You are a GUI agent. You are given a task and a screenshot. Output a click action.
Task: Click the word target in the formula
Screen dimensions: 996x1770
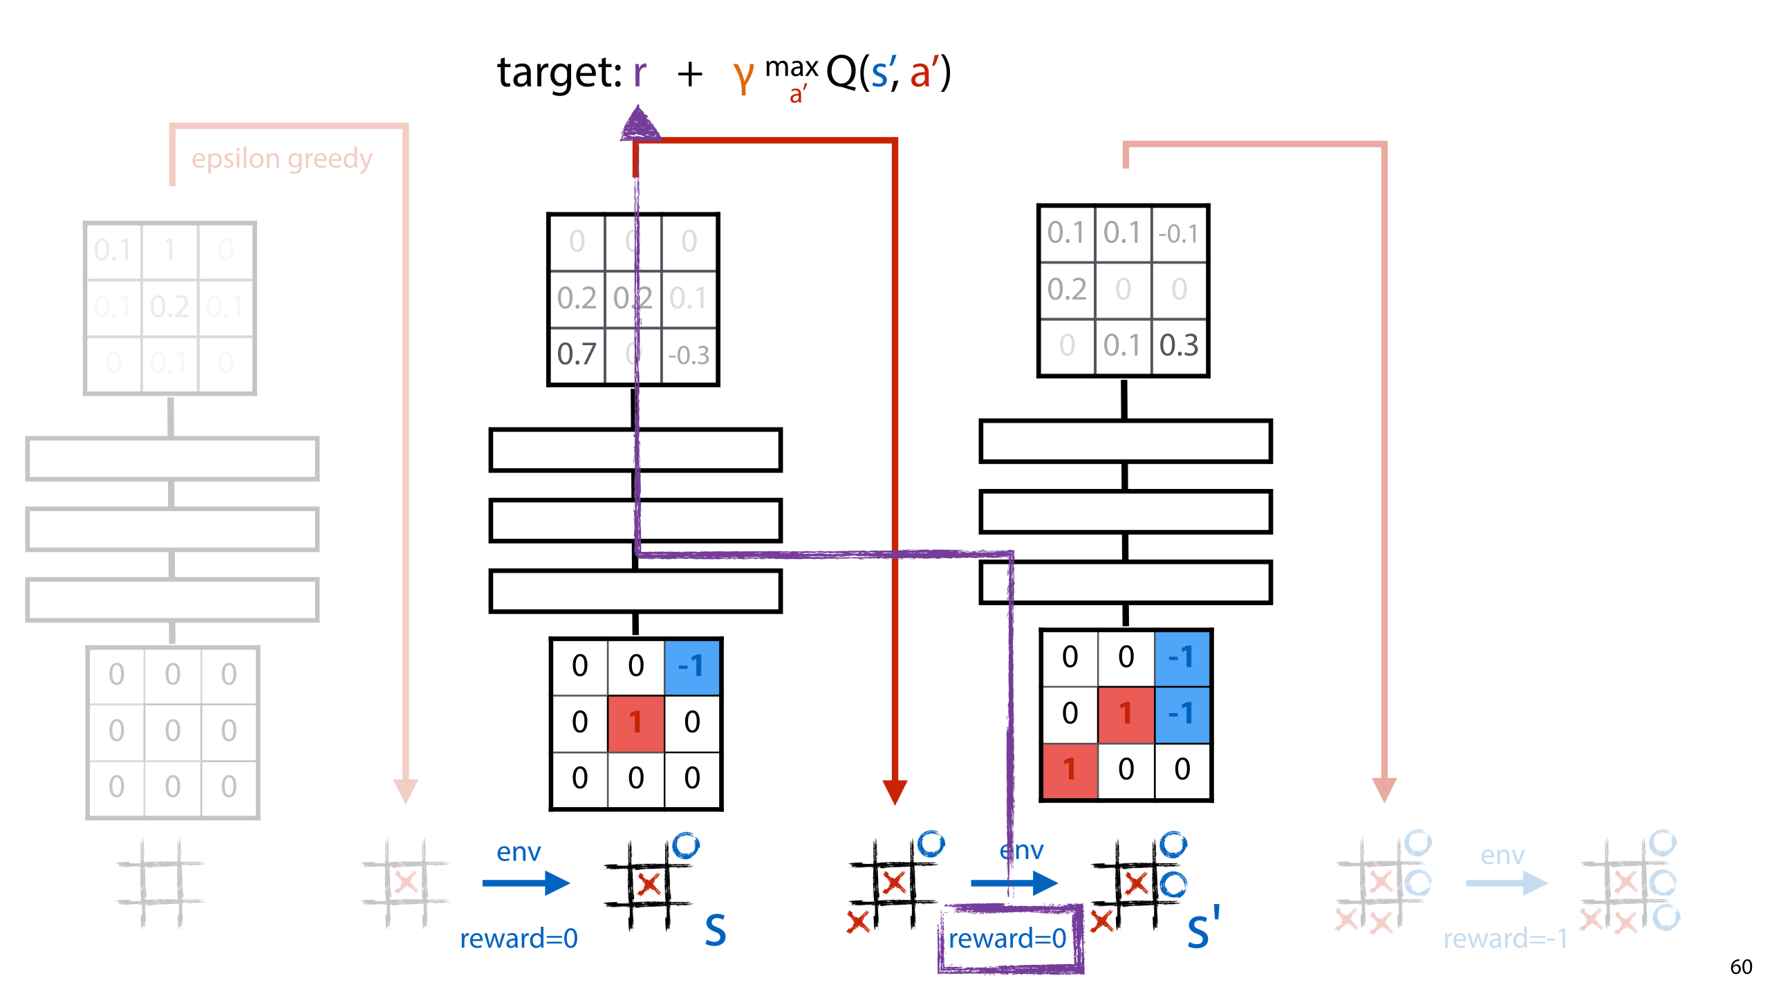pyautogui.click(x=559, y=73)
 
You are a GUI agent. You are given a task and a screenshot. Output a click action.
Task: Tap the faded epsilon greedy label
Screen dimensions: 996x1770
pyautogui.click(x=281, y=159)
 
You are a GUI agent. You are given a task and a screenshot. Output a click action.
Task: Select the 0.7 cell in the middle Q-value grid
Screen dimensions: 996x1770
pyautogui.click(x=577, y=354)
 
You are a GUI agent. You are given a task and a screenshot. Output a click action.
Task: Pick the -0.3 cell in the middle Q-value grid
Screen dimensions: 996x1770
pyautogui.click(x=689, y=356)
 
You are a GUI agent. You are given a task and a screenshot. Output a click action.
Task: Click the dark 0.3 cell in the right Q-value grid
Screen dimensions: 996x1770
pyautogui.click(x=1179, y=345)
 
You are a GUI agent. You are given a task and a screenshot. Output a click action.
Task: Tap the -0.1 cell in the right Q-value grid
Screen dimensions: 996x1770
pyautogui.click(x=1179, y=234)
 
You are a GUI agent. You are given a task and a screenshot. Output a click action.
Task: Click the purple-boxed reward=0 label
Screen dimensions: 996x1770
pyautogui.click(x=1007, y=939)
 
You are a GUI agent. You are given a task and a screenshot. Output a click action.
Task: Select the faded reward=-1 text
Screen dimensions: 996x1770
pyautogui.click(x=1505, y=939)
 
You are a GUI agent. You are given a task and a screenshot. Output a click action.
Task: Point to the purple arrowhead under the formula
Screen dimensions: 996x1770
pyautogui.click(x=639, y=124)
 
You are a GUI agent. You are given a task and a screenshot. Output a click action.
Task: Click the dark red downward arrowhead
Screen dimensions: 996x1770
pyautogui.click(x=895, y=791)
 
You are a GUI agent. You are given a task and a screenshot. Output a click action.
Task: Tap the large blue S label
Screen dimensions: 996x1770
pyautogui.click(x=716, y=930)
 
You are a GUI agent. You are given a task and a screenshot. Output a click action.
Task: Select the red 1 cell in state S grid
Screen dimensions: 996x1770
pyautogui.click(x=635, y=723)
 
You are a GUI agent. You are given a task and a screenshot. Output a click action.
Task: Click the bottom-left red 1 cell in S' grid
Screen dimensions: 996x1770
pyautogui.click(x=1070, y=770)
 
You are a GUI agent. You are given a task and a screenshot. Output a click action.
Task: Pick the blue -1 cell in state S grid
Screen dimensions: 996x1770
pyautogui.click(x=691, y=666)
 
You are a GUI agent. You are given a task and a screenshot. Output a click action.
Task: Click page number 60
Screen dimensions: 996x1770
pyautogui.click(x=1741, y=967)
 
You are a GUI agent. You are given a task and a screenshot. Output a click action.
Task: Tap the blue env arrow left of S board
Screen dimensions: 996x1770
pyautogui.click(x=525, y=883)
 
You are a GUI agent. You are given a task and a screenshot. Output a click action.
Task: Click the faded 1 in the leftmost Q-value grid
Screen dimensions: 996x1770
pyautogui.click(x=169, y=250)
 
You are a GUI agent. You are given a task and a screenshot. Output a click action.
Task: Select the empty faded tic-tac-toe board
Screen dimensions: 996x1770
pyautogui.click(x=160, y=883)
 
